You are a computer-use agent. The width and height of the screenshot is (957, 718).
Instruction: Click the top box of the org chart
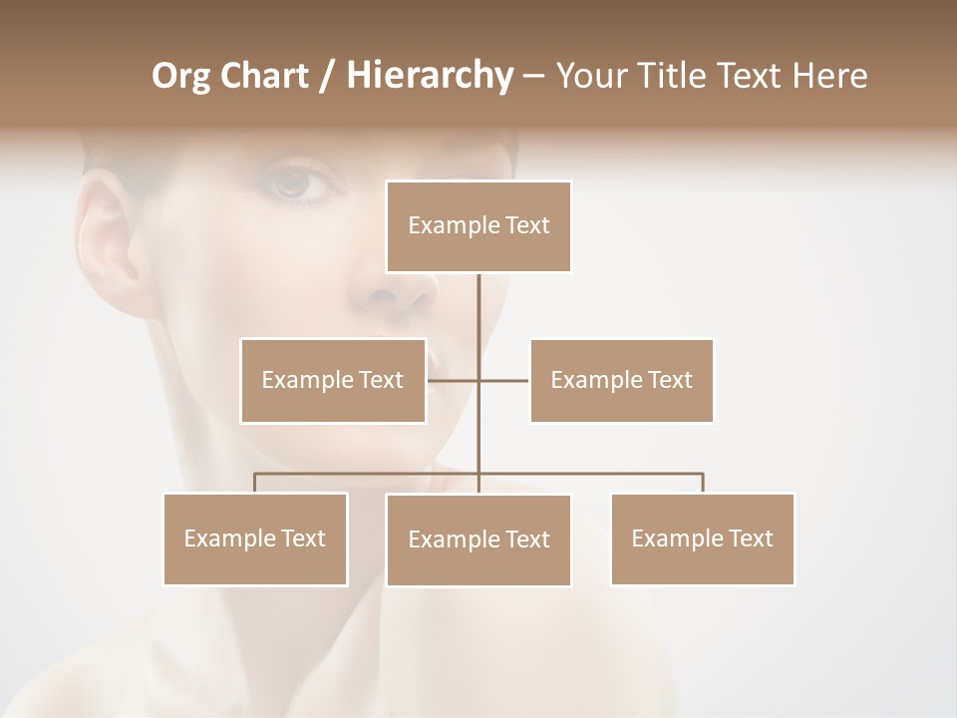pos(478,226)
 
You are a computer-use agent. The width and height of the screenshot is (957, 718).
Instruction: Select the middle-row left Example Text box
pos(333,380)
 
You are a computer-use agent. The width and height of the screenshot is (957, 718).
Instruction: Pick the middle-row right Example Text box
pos(621,380)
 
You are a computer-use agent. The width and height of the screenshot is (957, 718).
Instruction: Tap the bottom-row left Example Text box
pos(255,538)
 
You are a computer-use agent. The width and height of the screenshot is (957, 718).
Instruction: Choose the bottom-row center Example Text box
pos(478,539)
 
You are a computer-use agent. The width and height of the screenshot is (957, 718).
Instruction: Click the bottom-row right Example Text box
pos(702,538)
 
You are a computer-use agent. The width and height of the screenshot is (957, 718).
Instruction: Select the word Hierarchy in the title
pos(429,76)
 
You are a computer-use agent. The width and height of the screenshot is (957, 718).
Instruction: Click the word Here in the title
pos(829,76)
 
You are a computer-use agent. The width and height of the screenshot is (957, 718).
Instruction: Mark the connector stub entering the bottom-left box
pos(255,483)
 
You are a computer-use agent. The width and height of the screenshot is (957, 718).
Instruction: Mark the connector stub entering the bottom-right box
pos(703,483)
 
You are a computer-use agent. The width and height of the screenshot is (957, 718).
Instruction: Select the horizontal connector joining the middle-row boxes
pos(478,380)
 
